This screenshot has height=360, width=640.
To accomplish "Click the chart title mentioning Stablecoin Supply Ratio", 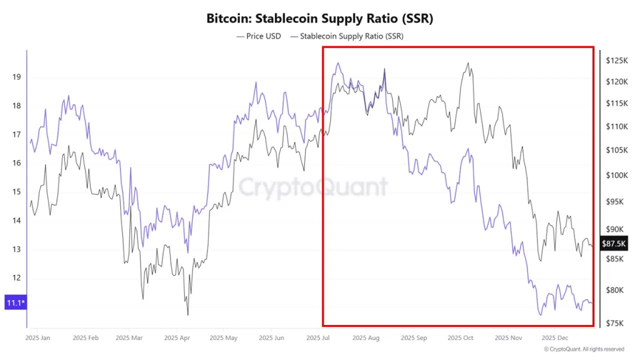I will (319, 19).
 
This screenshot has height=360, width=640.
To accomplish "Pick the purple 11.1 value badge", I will (14, 303).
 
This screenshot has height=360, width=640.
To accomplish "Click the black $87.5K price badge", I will (614, 244).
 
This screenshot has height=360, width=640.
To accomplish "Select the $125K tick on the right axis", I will (616, 61).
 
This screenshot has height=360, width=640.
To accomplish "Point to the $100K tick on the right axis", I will (616, 175).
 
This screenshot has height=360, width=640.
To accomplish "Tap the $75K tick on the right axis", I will (615, 323).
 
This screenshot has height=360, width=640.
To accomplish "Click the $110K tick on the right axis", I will (616, 126).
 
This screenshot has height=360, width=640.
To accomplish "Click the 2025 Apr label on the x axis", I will (176, 338).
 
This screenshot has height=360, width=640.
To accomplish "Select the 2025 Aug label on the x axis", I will (366, 338).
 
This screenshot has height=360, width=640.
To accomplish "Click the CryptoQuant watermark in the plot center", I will (313, 186).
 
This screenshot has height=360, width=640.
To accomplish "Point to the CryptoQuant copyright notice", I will (584, 349).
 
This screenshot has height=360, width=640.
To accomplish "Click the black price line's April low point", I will (187, 315).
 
